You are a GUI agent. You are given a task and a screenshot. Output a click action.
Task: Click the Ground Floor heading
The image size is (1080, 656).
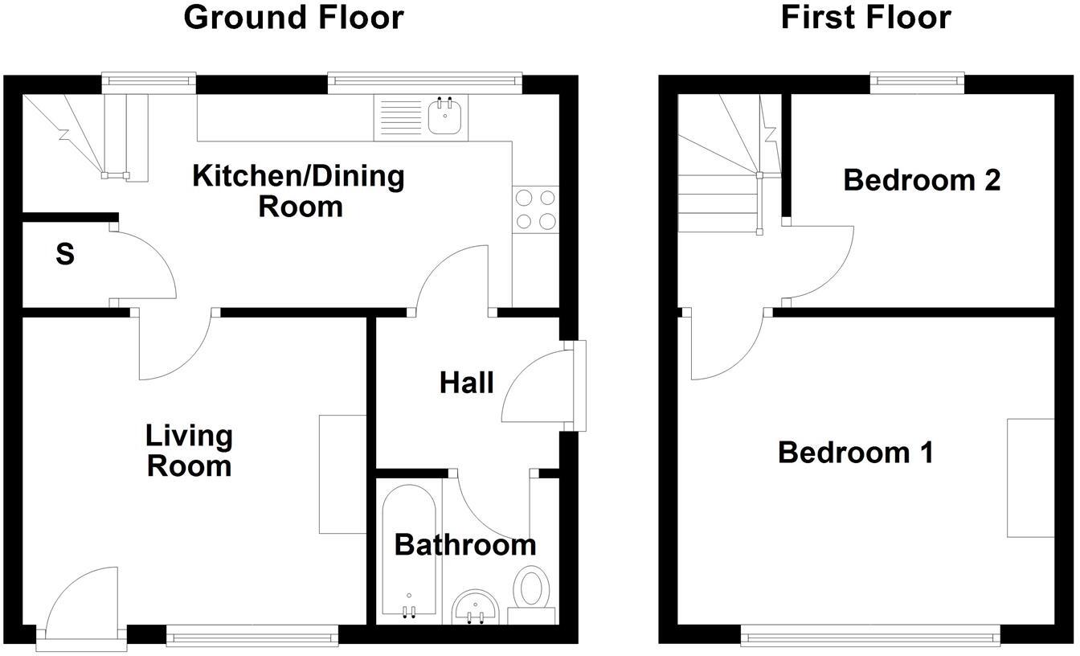[x=293, y=17]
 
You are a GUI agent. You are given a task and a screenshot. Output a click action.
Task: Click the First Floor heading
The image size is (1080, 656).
[x=865, y=17]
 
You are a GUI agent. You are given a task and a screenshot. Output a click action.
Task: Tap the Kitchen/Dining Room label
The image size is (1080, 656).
[x=298, y=191]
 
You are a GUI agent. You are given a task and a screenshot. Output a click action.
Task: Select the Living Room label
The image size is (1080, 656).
[x=189, y=451]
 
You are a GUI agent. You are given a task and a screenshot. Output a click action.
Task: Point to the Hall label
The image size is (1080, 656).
[x=466, y=383]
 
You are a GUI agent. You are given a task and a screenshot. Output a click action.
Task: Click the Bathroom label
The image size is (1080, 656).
[x=465, y=545]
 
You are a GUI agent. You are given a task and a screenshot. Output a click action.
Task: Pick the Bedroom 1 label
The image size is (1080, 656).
[x=855, y=453]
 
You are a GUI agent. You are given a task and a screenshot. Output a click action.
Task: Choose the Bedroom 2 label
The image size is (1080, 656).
[x=922, y=180]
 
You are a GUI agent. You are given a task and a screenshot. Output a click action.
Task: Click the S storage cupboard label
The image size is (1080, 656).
[x=65, y=255]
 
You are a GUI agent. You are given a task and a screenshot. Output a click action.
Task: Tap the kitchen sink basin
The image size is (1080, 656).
[x=444, y=117]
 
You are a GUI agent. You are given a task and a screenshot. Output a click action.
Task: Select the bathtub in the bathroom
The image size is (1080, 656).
[x=409, y=555]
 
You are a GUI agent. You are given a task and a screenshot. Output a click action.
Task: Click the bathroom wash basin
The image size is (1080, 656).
[x=476, y=607]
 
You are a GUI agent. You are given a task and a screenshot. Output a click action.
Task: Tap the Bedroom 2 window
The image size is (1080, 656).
[x=918, y=79]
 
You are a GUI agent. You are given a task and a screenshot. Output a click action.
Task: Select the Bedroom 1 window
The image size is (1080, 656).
[x=870, y=638]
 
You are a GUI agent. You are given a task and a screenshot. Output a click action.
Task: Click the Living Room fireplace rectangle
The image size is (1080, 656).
[x=343, y=474]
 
